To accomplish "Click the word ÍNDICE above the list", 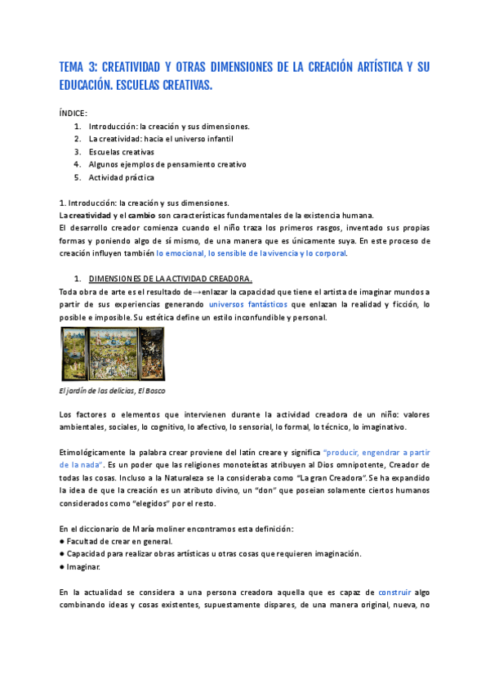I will click(x=73, y=113).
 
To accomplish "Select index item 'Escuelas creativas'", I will click(x=122, y=152).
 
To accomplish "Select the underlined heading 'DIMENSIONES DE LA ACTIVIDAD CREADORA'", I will click(x=158, y=279).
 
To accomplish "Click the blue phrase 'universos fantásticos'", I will click(x=248, y=304).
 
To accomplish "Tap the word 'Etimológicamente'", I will click(x=93, y=452).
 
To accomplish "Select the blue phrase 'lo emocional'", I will click(x=180, y=253).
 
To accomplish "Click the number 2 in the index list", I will click(x=77, y=139).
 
